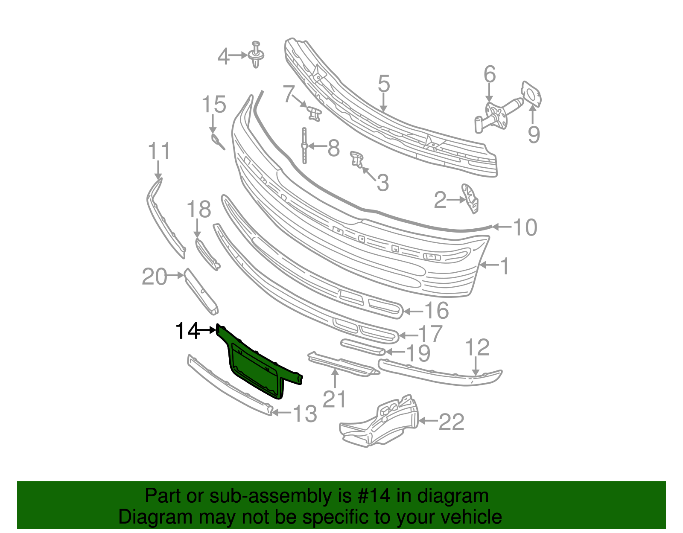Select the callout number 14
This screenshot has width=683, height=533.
[x=187, y=331]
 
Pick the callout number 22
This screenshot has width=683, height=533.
[x=452, y=422]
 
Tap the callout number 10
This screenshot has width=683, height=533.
[x=525, y=227]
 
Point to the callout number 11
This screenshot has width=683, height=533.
[x=159, y=151]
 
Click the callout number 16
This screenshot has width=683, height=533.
[x=436, y=311]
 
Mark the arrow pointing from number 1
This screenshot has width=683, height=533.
[x=489, y=265]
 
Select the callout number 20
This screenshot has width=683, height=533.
[x=154, y=277]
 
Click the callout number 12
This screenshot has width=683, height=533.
[x=477, y=348]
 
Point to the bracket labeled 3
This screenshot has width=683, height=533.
[x=356, y=159]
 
